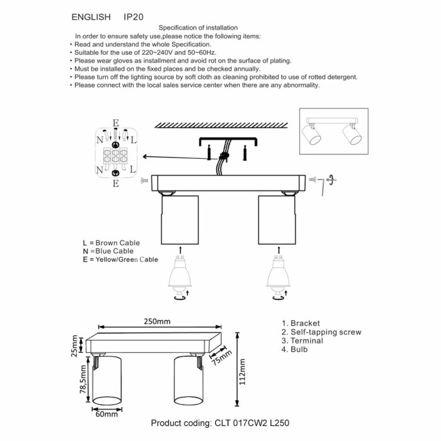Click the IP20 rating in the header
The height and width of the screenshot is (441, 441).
click(x=134, y=16)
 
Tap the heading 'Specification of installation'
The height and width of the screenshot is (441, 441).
click(x=198, y=28)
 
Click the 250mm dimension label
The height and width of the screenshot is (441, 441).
click(x=157, y=321)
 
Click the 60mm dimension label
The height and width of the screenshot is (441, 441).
click(x=106, y=414)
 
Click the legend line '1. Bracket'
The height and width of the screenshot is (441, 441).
click(x=301, y=323)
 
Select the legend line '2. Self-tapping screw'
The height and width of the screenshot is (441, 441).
click(x=321, y=332)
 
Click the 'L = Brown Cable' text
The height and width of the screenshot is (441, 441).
click(x=111, y=243)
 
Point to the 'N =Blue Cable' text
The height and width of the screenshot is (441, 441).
click(x=108, y=251)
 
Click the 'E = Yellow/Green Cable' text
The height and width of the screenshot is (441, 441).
click(x=120, y=260)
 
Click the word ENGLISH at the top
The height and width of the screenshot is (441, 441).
click(x=91, y=16)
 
